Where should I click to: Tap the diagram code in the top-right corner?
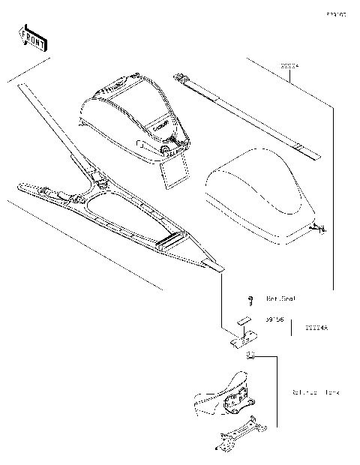tap(335, 14)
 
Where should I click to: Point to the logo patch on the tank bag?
tap(159, 128)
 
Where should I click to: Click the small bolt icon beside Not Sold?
tap(252, 298)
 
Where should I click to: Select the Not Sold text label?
tap(280, 298)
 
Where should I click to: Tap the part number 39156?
tap(276, 319)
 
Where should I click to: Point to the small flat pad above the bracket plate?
tap(241, 319)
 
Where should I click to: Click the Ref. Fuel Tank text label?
tap(316, 392)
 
